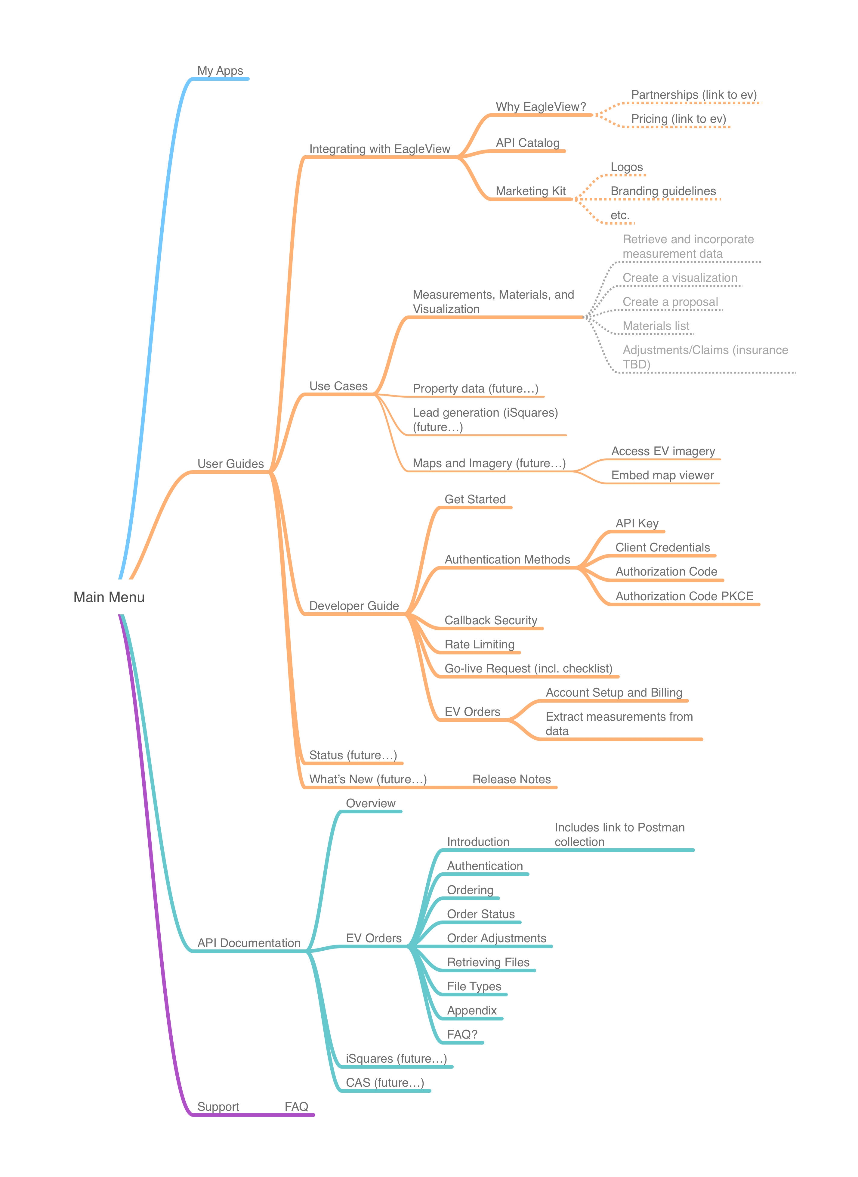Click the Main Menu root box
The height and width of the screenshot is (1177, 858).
(x=109, y=597)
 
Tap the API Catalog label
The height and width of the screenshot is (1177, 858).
(x=527, y=143)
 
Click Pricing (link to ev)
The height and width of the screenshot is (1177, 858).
(x=678, y=119)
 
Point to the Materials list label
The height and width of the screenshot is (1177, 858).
(x=656, y=326)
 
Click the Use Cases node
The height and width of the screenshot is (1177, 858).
(x=338, y=386)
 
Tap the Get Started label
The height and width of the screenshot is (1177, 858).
(x=475, y=499)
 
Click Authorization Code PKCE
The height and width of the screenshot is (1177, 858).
(x=684, y=596)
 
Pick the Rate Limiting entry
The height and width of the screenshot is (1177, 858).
(x=479, y=644)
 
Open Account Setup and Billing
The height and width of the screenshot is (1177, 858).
(x=613, y=693)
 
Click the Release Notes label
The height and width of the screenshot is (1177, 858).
(x=511, y=779)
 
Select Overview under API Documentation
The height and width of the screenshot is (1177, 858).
(x=370, y=803)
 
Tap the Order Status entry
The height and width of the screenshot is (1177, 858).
(x=480, y=914)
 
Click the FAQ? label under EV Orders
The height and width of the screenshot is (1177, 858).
(x=462, y=1035)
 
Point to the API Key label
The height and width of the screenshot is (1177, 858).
(x=637, y=523)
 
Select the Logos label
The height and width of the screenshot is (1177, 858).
(x=626, y=167)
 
